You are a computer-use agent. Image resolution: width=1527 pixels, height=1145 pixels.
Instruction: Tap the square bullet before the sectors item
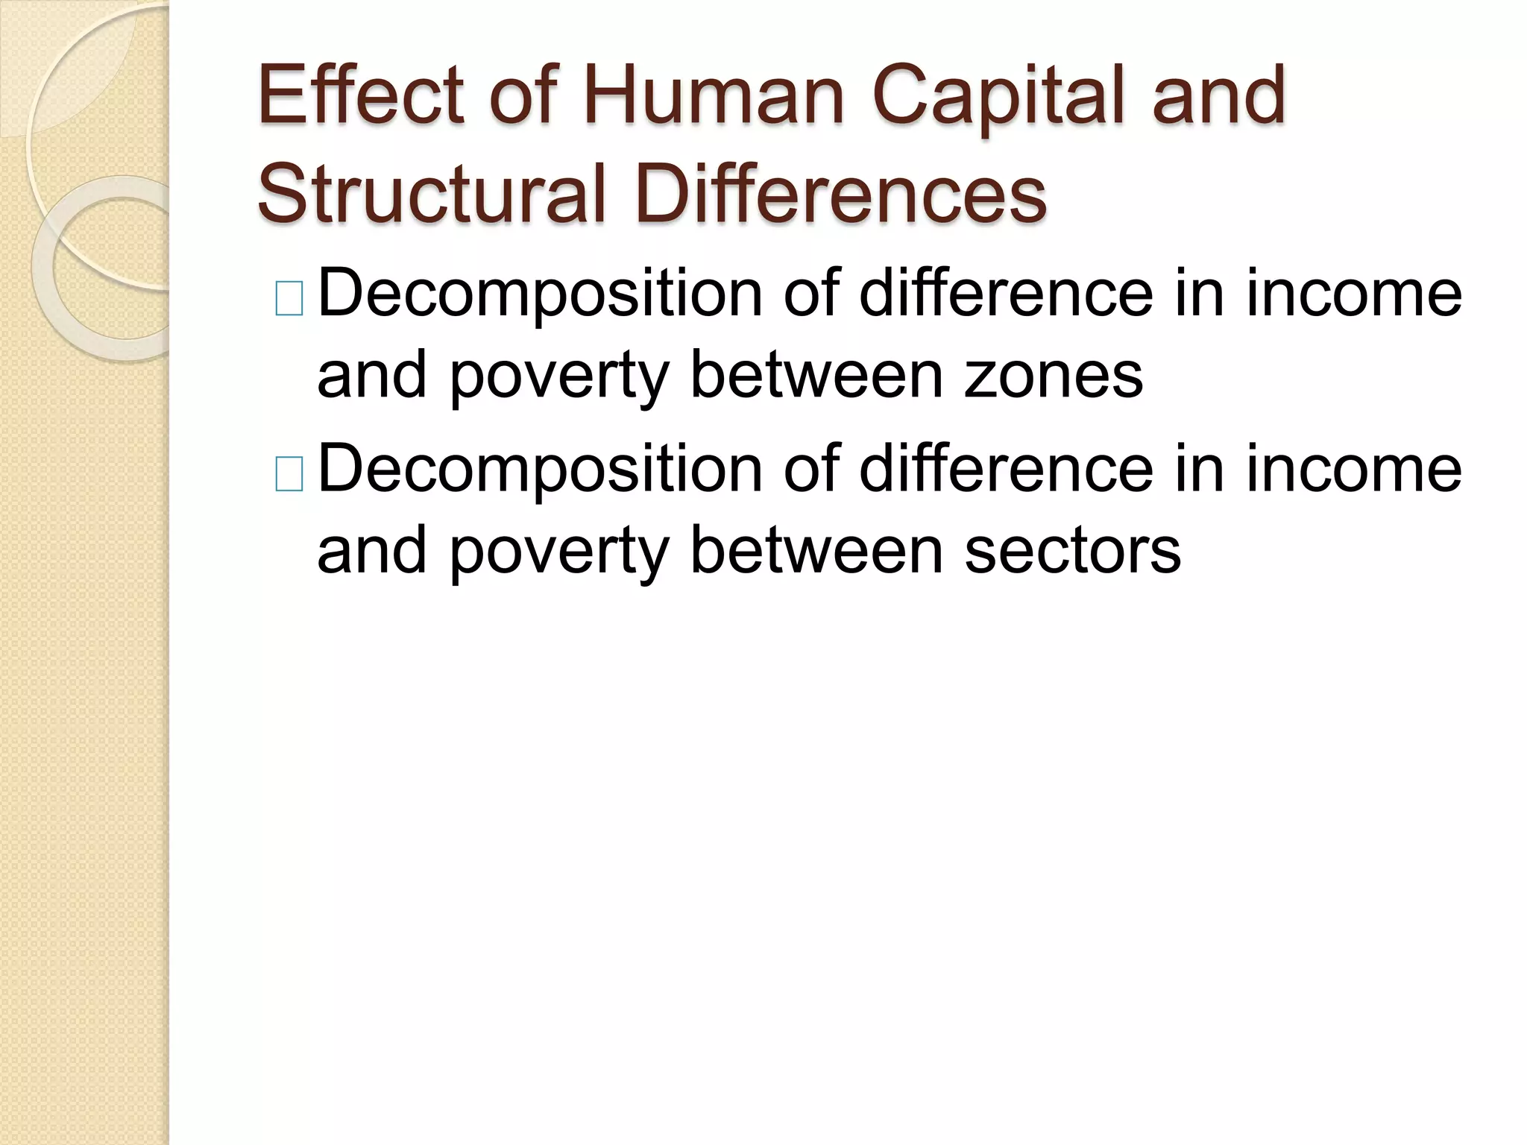click(289, 475)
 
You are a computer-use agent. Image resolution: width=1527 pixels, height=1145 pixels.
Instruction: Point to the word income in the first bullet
click(1353, 294)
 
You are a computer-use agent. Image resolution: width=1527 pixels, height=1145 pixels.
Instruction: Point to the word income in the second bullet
click(1353, 469)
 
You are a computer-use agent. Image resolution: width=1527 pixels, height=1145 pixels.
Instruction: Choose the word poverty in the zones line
click(558, 376)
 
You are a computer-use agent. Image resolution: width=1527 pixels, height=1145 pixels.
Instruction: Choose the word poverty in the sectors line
click(558, 552)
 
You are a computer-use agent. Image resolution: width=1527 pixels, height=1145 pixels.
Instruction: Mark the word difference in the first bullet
click(1006, 294)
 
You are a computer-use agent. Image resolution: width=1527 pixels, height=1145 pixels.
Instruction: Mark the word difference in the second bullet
click(1006, 469)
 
